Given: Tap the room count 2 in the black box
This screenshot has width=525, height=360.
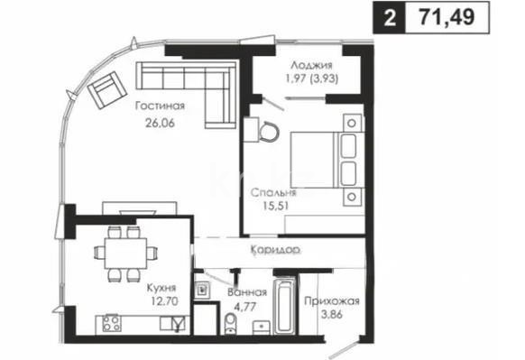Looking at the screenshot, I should pos(390,17).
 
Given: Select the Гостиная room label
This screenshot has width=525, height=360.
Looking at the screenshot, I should pos(155,106).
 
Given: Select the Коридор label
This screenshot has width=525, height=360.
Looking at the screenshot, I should pos(276,248).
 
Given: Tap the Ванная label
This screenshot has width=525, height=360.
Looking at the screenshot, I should pos(247,293).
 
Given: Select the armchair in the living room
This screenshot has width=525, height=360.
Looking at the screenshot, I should pos(106,88).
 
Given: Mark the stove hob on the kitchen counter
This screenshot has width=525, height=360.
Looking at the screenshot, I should pos(113,323).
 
